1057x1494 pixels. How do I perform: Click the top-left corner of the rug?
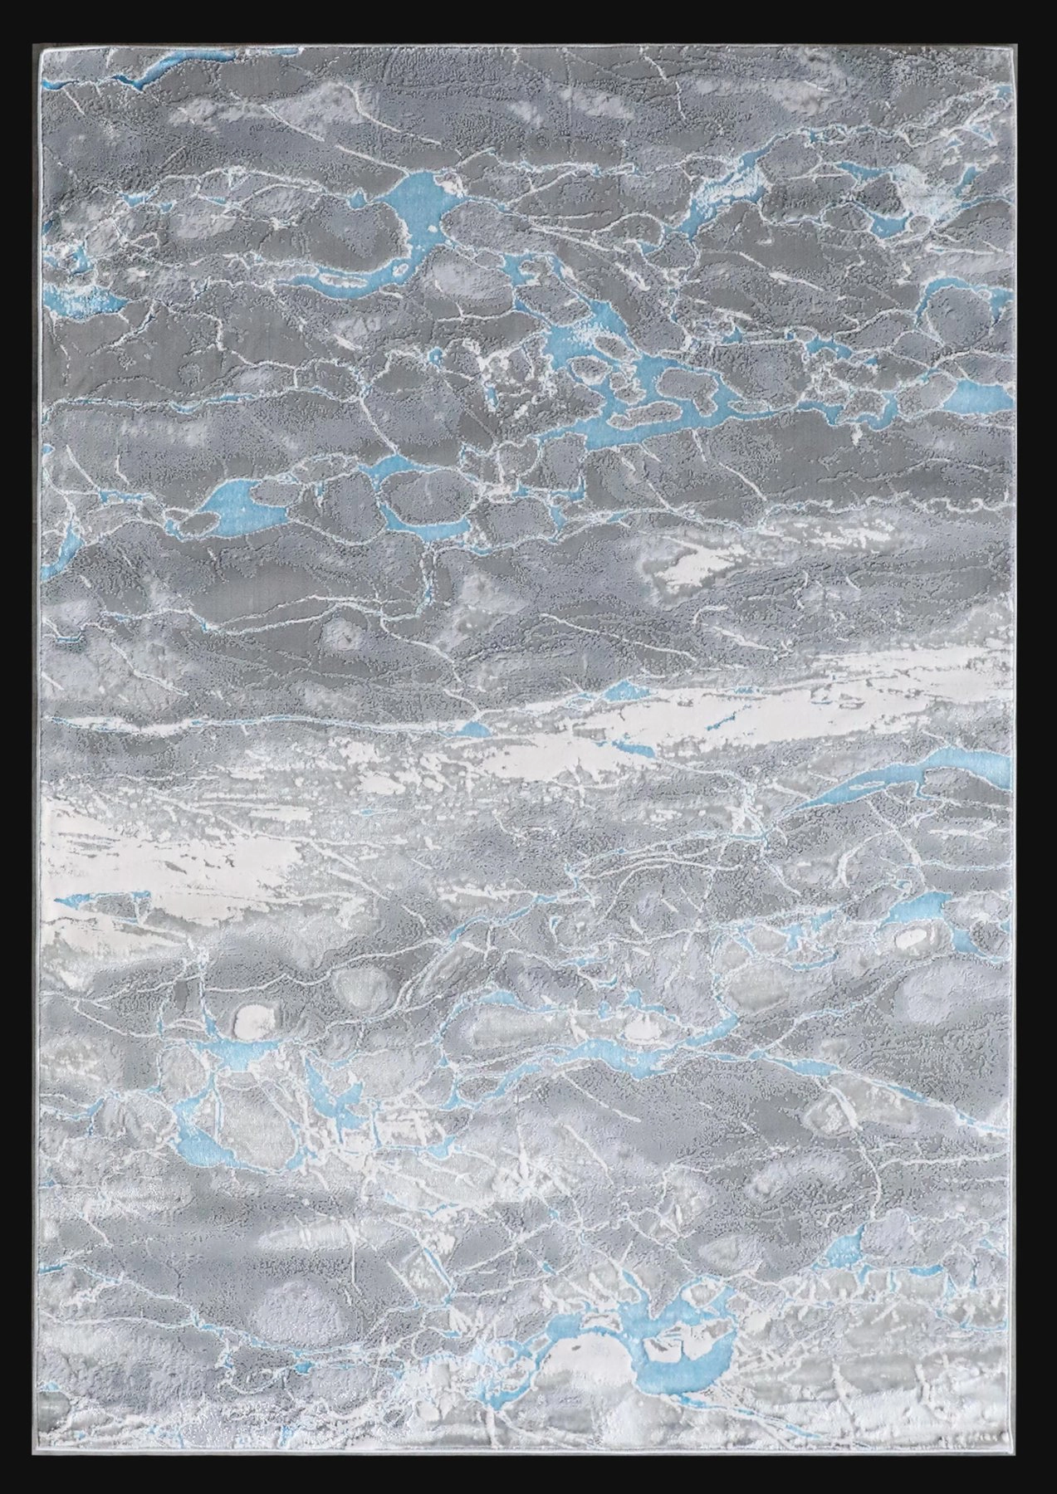[x=41, y=48]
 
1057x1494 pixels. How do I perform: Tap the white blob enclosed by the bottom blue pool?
[x=581, y=1361]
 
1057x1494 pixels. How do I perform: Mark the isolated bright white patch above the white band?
[x=689, y=569]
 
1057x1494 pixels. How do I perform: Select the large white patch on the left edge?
[x=166, y=847]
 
